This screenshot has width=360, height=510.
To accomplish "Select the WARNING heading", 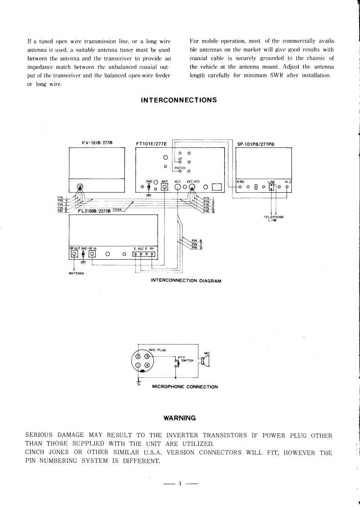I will (179, 417).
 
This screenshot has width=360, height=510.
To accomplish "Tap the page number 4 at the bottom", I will (180, 483).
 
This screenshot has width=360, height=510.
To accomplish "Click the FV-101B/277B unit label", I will (97, 143).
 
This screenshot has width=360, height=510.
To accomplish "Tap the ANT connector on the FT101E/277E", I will (164, 186).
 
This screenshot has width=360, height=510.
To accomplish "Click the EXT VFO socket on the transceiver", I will (193, 186).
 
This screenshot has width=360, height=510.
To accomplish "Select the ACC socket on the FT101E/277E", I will (178, 186).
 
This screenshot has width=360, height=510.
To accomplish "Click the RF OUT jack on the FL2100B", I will (74, 254).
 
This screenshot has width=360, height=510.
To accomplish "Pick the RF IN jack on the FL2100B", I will (92, 254).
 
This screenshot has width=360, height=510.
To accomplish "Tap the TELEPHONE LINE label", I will (274, 219).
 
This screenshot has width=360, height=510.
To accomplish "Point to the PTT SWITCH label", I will (187, 359).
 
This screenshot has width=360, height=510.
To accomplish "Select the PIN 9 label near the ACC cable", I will (197, 248).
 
